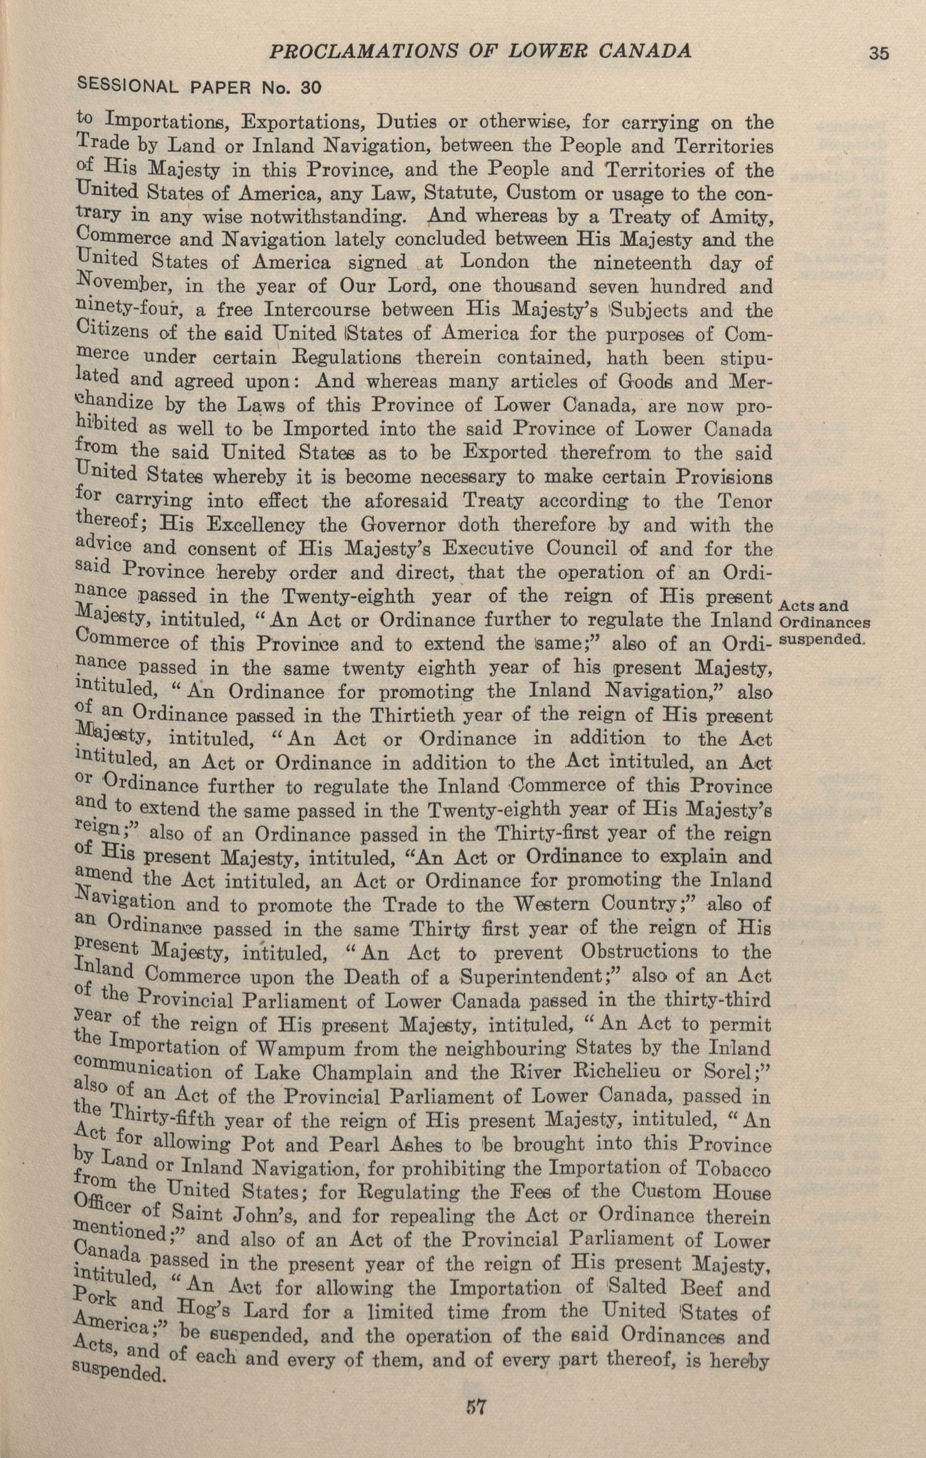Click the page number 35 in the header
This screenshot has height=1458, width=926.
pos(879,53)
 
